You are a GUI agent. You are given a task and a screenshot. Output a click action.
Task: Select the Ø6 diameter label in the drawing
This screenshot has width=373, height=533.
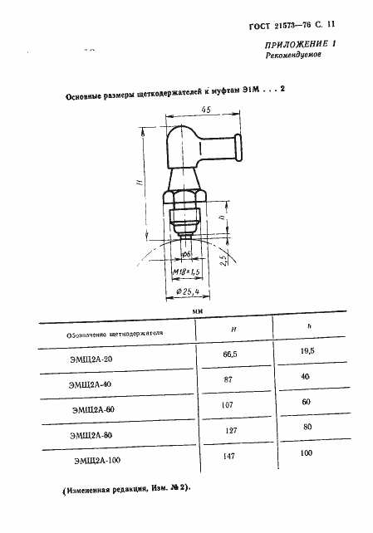click(x=187, y=252)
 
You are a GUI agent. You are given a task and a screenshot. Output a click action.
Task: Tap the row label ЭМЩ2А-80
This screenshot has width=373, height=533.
click(x=92, y=434)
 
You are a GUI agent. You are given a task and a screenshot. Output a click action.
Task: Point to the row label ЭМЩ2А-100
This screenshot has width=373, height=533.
click(x=94, y=461)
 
